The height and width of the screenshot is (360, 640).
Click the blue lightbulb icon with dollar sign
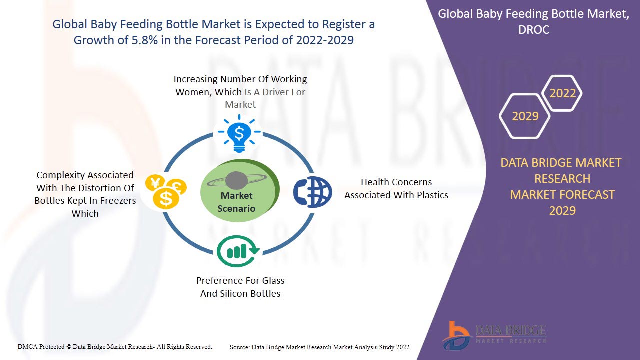click(239, 133)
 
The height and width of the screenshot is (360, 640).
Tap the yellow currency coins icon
click(166, 191)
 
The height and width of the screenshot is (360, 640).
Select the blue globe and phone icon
click(313, 192)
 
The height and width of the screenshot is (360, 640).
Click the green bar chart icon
click(238, 251)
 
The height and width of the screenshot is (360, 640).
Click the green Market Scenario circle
click(240, 191)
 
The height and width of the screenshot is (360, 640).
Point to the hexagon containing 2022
click(562, 93)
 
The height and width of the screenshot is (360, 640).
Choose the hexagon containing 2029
click(525, 116)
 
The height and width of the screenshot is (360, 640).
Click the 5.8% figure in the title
click(144, 40)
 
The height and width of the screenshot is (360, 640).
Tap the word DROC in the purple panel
click(534, 30)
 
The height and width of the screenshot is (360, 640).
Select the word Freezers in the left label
click(118, 201)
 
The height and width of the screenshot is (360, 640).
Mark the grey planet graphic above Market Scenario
click(237, 181)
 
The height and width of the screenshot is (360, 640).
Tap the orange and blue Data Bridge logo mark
click(456, 335)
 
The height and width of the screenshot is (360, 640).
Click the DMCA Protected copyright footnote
click(115, 347)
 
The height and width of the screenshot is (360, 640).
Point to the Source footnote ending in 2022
click(319, 347)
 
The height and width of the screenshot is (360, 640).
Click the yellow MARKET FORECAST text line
click(562, 195)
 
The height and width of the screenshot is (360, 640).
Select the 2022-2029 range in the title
click(325, 40)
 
